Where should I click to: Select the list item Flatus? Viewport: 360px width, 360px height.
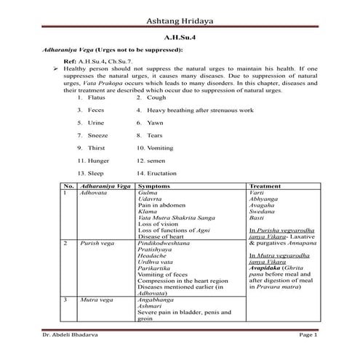point(96,97)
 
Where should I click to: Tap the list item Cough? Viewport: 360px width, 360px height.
point(156,97)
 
